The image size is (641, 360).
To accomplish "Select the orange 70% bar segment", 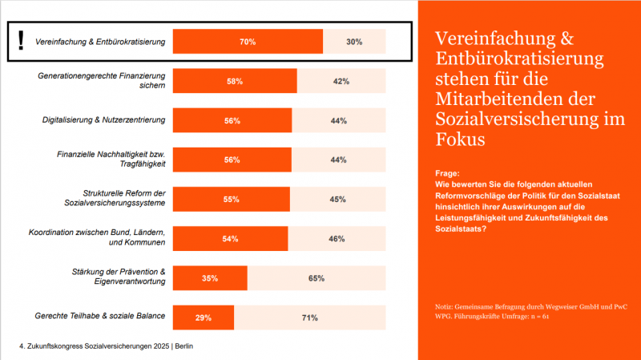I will (248, 42).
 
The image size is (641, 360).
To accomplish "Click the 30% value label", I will (354, 42).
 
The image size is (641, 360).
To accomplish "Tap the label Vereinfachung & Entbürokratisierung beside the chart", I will (100, 42).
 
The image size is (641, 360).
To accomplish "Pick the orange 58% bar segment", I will (235, 81).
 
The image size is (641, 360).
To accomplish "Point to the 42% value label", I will (341, 81).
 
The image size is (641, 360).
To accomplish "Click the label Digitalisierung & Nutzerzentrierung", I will (103, 120).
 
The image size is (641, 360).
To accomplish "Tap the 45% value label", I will (337, 199).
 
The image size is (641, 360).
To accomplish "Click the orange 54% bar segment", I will (230, 238).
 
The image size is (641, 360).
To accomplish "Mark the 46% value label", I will (337, 238).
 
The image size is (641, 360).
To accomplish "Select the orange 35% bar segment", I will (210, 278).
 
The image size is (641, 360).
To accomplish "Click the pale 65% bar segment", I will (316, 278).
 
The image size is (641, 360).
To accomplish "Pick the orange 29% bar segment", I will (204, 318).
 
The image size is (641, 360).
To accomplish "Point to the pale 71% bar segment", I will (310, 318).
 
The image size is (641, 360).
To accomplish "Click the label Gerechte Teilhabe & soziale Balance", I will (101, 316).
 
